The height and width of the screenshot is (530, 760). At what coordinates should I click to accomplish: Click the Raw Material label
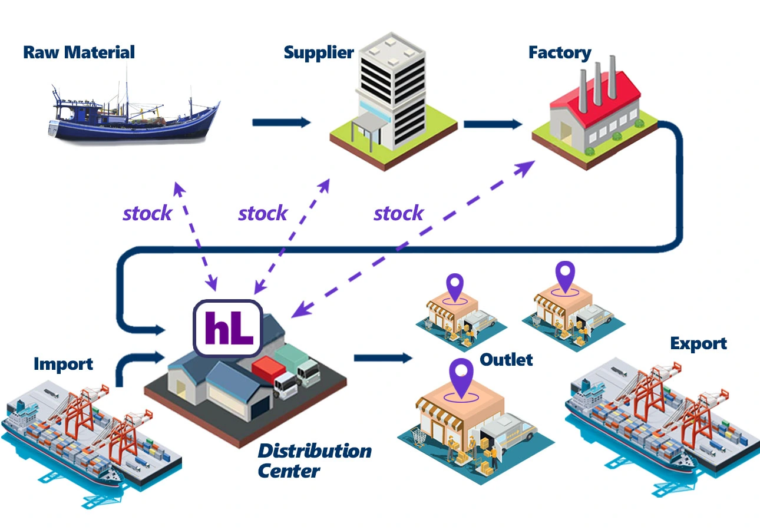pyautogui.click(x=79, y=52)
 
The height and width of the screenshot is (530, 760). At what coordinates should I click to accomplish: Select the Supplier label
pyautogui.click(x=319, y=52)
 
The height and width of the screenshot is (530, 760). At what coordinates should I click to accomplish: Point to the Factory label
pyautogui.click(x=559, y=52)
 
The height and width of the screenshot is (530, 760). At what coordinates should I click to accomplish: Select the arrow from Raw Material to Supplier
pyautogui.click(x=281, y=122)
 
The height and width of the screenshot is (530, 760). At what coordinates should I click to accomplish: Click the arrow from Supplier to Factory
pyautogui.click(x=493, y=124)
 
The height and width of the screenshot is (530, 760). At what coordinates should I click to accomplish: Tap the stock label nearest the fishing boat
pyautogui.click(x=147, y=213)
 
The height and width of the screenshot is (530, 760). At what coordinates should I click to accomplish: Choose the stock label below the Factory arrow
pyautogui.click(x=398, y=213)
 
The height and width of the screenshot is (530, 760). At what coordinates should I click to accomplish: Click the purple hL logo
pyautogui.click(x=229, y=328)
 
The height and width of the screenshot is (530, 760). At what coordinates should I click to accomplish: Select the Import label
pyautogui.click(x=63, y=363)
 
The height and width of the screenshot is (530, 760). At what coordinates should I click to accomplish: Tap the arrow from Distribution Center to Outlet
pyautogui.click(x=383, y=357)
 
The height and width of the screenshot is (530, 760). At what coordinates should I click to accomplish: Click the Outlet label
pyautogui.click(x=506, y=359)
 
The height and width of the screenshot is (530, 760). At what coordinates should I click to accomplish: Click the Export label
pyautogui.click(x=698, y=343)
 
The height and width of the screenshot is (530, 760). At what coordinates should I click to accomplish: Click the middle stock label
pyautogui.click(x=263, y=213)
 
